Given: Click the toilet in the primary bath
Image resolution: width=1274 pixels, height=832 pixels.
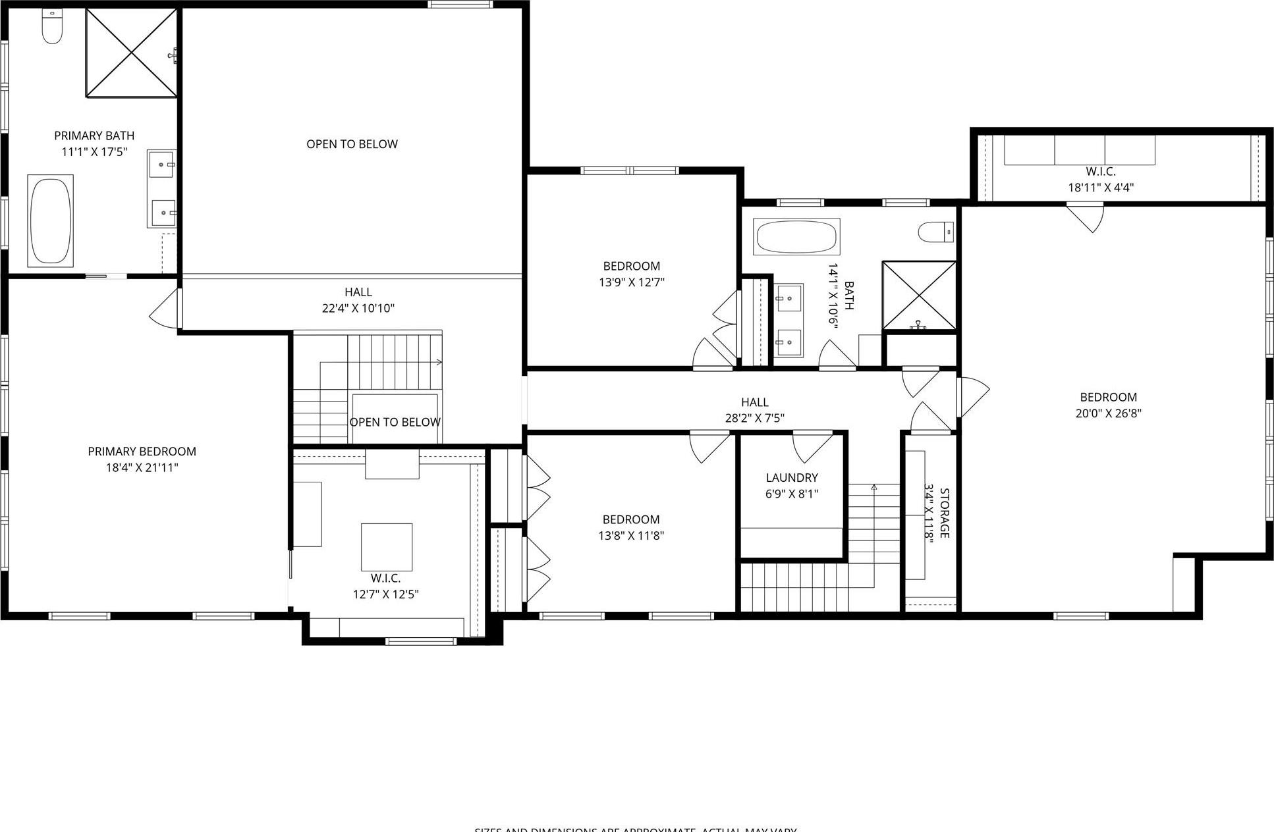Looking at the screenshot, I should (51, 26).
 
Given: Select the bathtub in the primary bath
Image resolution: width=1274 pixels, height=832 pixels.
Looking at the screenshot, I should (50, 221).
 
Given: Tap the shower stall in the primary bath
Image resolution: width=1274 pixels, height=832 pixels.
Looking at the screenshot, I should (131, 53).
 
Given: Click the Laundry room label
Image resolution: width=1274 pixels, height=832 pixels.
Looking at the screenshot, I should (791, 478).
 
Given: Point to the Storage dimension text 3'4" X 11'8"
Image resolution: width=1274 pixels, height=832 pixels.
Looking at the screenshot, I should (929, 513).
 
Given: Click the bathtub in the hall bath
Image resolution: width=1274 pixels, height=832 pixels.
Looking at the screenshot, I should (796, 237).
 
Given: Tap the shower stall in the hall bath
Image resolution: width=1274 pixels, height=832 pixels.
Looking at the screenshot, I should (918, 295).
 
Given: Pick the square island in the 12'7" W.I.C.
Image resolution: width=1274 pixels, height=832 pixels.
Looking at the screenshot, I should (387, 547).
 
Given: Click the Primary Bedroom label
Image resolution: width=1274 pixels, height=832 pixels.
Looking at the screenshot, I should (142, 452).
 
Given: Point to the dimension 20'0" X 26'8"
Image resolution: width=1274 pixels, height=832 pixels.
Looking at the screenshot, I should (1108, 413).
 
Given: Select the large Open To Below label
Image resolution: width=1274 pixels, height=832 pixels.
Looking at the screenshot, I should (352, 144).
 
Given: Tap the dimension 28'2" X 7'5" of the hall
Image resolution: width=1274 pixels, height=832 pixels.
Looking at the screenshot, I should (754, 418).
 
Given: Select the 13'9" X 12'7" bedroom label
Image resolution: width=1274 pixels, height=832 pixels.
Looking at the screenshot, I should (631, 266).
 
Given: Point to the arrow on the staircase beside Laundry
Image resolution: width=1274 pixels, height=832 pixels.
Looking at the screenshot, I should (874, 488).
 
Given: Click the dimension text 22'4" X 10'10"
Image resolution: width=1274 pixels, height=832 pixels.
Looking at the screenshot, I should (358, 308).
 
